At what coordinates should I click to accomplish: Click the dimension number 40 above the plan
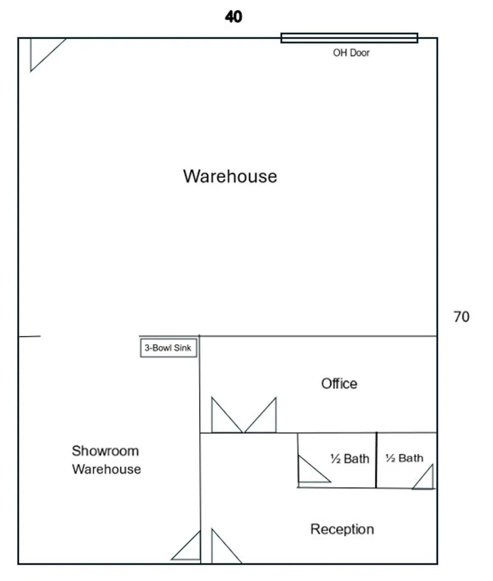[233, 17]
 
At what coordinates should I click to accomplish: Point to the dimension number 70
[461, 317]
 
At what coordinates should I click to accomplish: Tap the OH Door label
[351, 53]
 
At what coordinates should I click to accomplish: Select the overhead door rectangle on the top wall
[349, 38]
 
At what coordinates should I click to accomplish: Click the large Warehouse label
[230, 176]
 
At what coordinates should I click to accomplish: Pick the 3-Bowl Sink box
[169, 348]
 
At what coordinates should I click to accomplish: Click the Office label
[339, 383]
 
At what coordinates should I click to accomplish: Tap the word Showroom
[105, 451]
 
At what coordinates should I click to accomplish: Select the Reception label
[342, 529]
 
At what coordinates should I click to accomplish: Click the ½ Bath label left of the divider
[349, 459]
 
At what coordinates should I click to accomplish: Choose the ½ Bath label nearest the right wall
[404, 458]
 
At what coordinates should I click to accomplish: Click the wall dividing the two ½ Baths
[376, 460]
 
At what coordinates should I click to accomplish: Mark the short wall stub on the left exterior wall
[29, 337]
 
